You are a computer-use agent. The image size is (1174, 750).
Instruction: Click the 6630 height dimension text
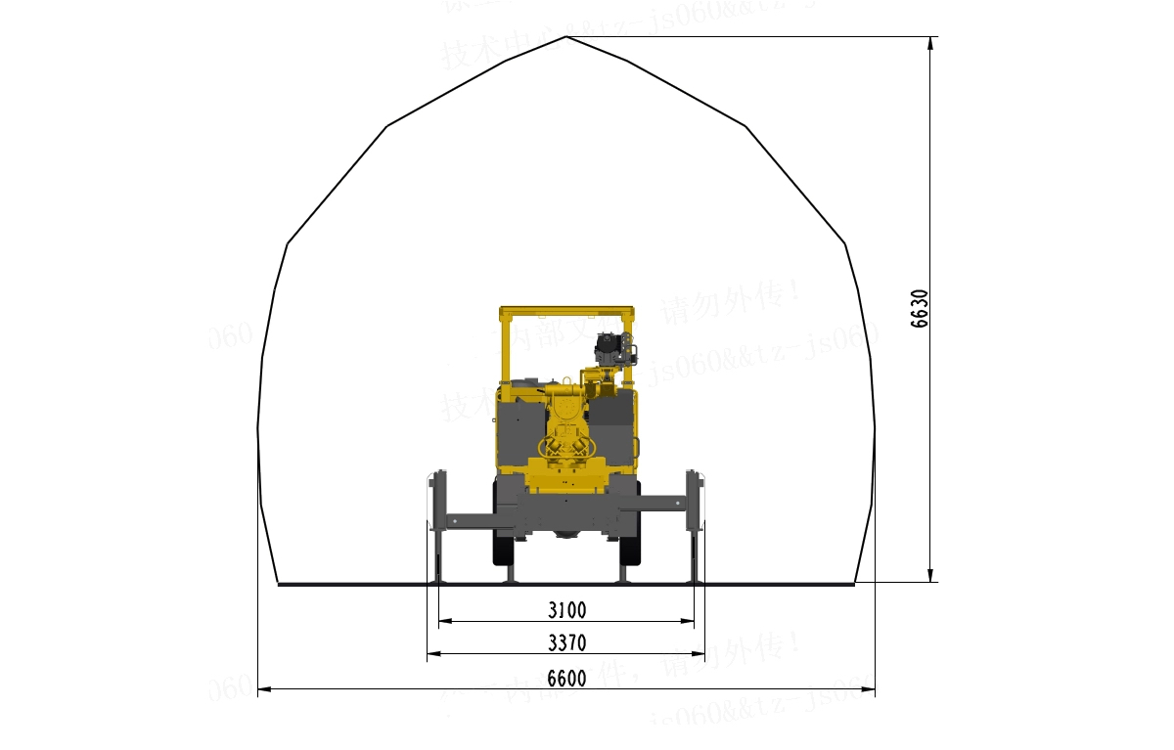point(920,308)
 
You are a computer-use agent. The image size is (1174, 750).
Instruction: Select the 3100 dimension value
point(566,610)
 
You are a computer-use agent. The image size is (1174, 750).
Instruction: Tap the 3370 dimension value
point(566,642)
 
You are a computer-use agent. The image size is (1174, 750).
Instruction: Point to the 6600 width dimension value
point(566,678)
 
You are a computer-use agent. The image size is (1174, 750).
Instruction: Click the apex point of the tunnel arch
point(566,37)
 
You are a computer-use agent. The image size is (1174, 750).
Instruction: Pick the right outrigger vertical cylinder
point(696,528)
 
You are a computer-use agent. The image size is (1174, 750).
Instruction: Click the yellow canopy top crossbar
point(566,312)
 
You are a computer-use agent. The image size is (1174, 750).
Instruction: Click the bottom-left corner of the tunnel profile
point(279,584)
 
